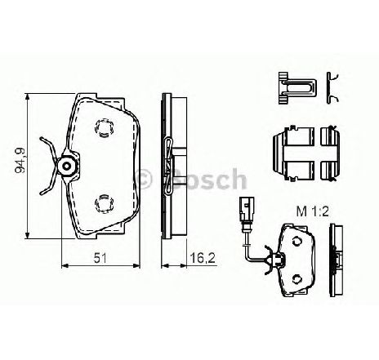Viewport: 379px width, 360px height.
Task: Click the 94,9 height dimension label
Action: (20, 161)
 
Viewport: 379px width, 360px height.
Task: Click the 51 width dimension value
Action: (100, 258)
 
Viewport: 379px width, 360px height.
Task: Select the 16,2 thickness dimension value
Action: (203, 258)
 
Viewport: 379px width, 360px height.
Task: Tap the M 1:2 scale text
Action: (313, 211)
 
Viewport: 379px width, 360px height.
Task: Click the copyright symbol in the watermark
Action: (142, 179)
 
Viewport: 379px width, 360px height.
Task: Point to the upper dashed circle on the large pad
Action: (105, 127)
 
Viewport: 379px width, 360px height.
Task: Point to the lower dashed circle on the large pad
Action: (105, 204)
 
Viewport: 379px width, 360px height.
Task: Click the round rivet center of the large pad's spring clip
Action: (67, 166)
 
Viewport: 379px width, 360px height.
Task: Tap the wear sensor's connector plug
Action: (247, 208)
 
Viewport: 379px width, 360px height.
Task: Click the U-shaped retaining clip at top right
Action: (297, 88)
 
